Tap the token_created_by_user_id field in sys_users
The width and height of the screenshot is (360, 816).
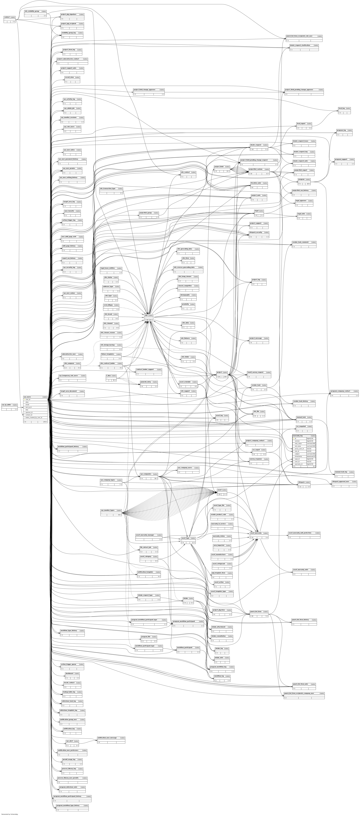coord(34,418)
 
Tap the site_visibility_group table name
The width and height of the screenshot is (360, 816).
coord(32,11)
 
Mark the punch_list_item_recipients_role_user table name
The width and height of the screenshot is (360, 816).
coord(299,36)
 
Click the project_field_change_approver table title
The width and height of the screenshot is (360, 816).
coord(144,90)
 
